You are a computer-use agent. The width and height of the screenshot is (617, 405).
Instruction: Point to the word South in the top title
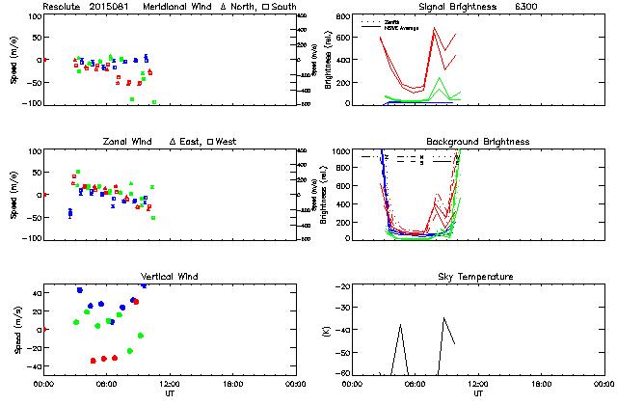pos(284,7)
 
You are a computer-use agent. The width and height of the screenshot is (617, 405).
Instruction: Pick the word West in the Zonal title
pos(228,142)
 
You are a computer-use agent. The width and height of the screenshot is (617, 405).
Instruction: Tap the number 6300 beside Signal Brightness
pos(527,7)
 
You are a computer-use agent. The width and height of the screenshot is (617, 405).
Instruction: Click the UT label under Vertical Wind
pos(169,393)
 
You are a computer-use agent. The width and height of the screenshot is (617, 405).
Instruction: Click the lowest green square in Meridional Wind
pos(154,102)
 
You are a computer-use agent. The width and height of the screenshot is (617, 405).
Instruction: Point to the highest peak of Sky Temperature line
pos(444,317)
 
